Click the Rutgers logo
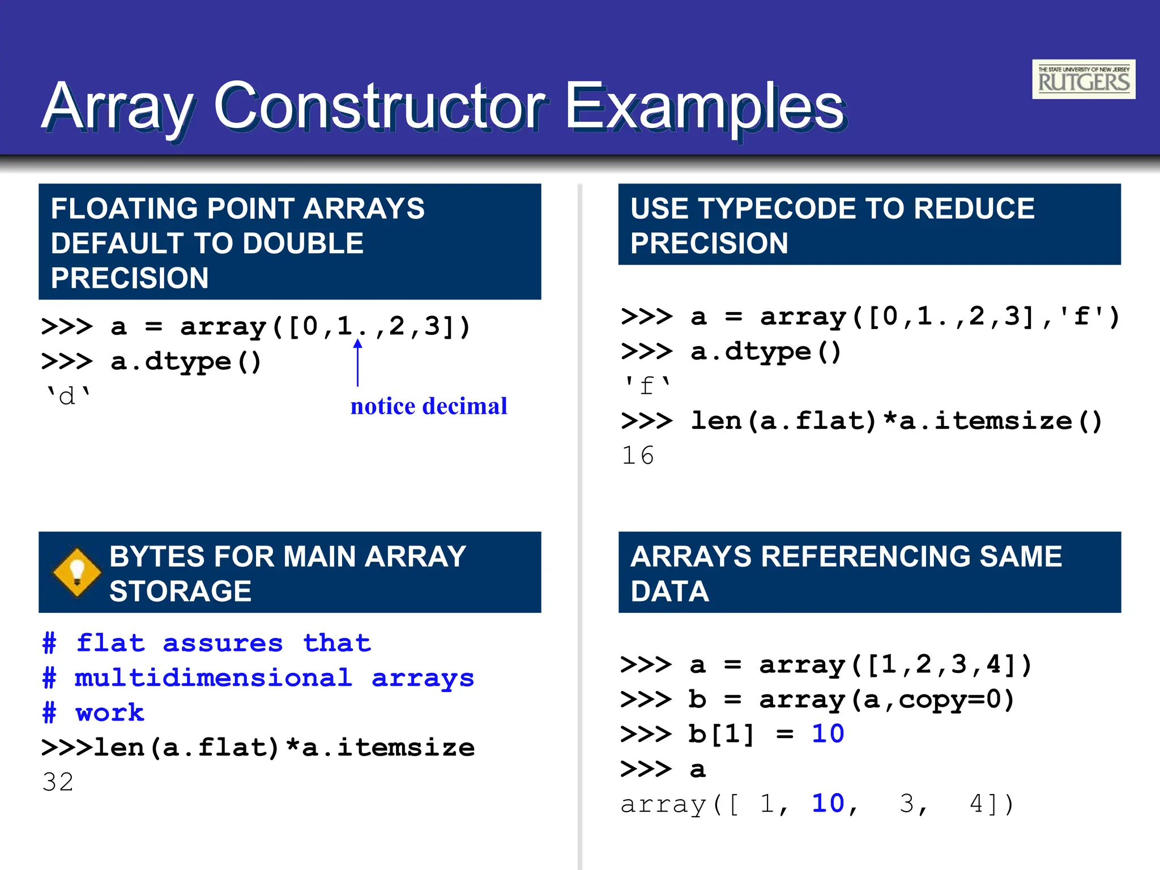click(1083, 79)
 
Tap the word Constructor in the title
click(379, 106)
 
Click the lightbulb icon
click(76, 572)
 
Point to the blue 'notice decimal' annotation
click(429, 406)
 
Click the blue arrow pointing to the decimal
click(357, 362)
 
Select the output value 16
click(638, 455)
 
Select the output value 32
click(58, 782)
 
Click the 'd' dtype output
click(67, 396)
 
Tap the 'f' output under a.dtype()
click(647, 386)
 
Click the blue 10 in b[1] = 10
click(828, 734)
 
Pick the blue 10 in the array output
click(828, 804)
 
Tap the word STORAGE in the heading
click(180, 591)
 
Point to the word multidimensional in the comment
click(213, 678)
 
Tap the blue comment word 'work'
click(110, 713)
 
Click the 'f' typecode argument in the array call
click(1082, 316)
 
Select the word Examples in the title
click(705, 106)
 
